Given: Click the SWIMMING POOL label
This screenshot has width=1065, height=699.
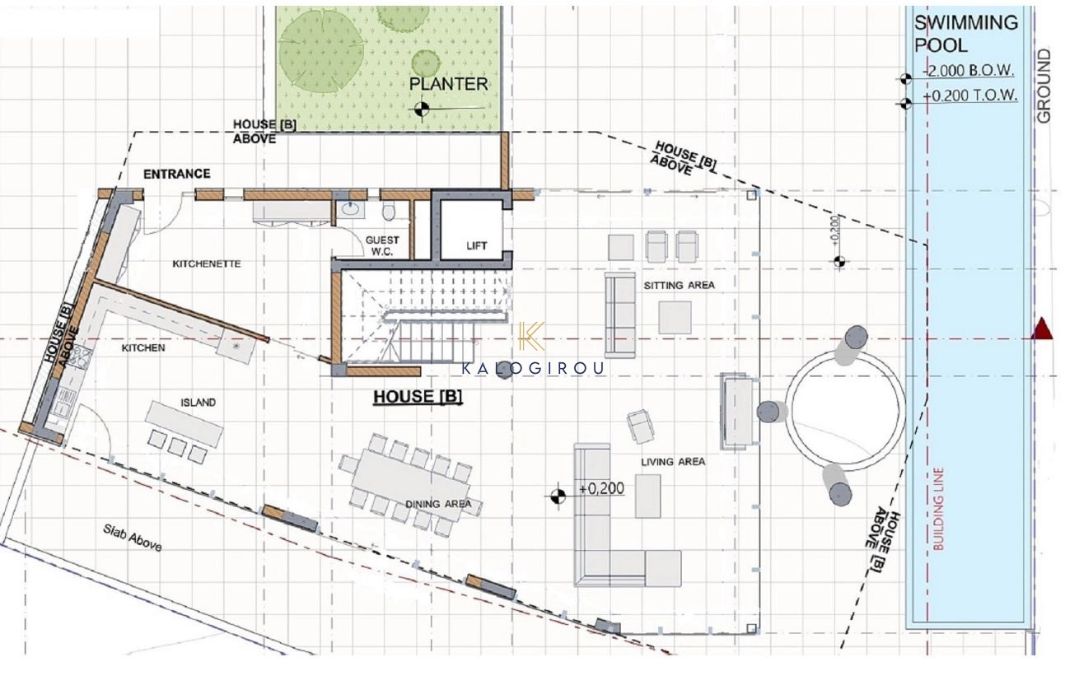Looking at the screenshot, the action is coord(966,34).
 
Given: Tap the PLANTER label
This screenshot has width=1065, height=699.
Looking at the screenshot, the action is coord(448,84).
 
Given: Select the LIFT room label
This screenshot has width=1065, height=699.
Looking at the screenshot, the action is coord(476,245).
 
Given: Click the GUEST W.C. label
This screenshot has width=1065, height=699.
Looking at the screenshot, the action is coord(382,245).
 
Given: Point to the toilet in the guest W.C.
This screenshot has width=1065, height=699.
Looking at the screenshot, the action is coord(389,212).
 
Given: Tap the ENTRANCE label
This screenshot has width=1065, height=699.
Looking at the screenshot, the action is coord(177,174).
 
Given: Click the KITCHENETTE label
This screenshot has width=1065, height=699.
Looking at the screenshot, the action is coord(207,263).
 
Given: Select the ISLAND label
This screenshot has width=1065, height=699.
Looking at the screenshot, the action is coord(198,403).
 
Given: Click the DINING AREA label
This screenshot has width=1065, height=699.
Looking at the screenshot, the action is coord(438,504).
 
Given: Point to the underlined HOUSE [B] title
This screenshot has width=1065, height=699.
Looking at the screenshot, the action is coord(418,397).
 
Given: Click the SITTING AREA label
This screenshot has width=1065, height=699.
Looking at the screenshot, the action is coord(679,285).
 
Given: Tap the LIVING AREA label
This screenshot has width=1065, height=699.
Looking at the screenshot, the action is coord(673,461).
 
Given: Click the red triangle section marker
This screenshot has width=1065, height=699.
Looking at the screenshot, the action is coord(1042,329).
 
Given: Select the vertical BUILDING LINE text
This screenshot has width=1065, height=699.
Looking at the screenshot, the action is coord(938,509).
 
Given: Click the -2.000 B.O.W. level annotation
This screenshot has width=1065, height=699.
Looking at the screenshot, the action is coord(969,71).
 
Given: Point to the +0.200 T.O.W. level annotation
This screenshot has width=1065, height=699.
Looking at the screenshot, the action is coord(970,96).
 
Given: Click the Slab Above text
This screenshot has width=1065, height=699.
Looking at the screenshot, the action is coord(133,538).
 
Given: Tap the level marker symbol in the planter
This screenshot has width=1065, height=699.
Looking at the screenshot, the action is coord(421,109).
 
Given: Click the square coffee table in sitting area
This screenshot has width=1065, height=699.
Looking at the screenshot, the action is coord(675,318).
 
